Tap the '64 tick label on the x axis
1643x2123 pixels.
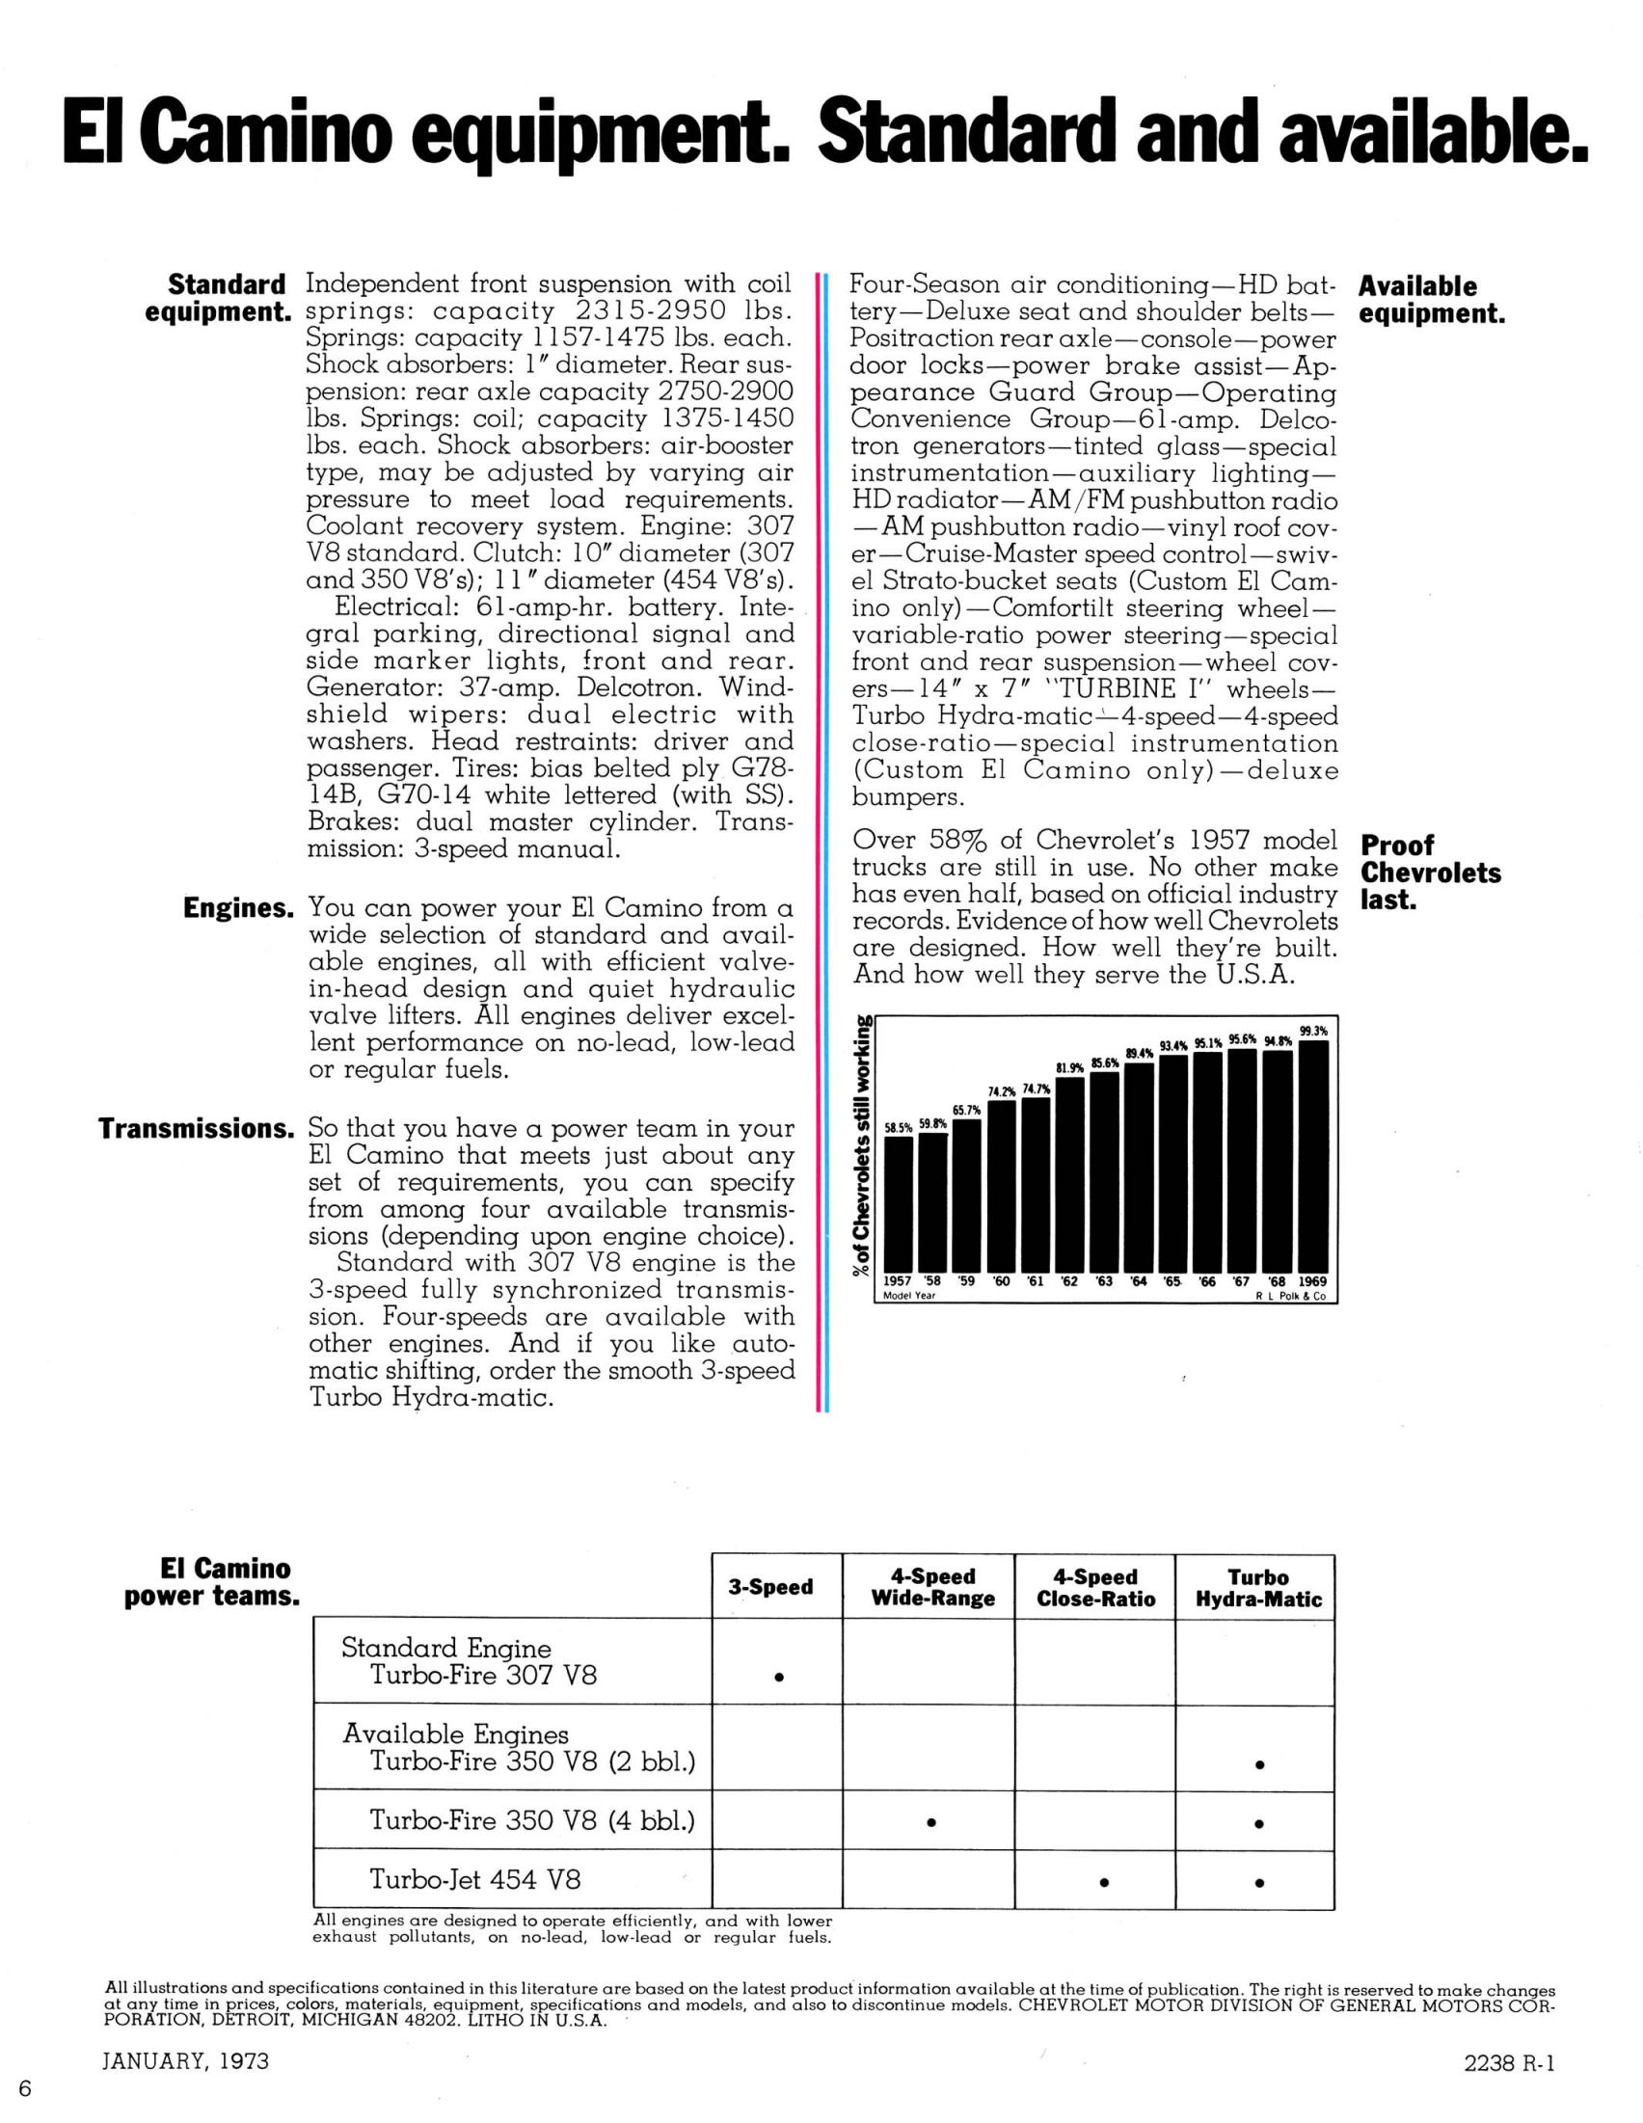tap(1139, 1281)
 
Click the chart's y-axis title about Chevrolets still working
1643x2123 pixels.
tap(861, 1147)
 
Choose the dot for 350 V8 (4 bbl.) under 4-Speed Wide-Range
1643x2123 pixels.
tap(930, 1822)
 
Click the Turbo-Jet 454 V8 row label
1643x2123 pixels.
tap(474, 1879)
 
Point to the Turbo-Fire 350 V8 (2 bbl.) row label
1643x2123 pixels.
tap(532, 1761)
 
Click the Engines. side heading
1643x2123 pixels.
tap(238, 908)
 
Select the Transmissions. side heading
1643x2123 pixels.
tap(197, 1129)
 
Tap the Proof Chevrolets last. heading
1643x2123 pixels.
tap(1430, 872)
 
